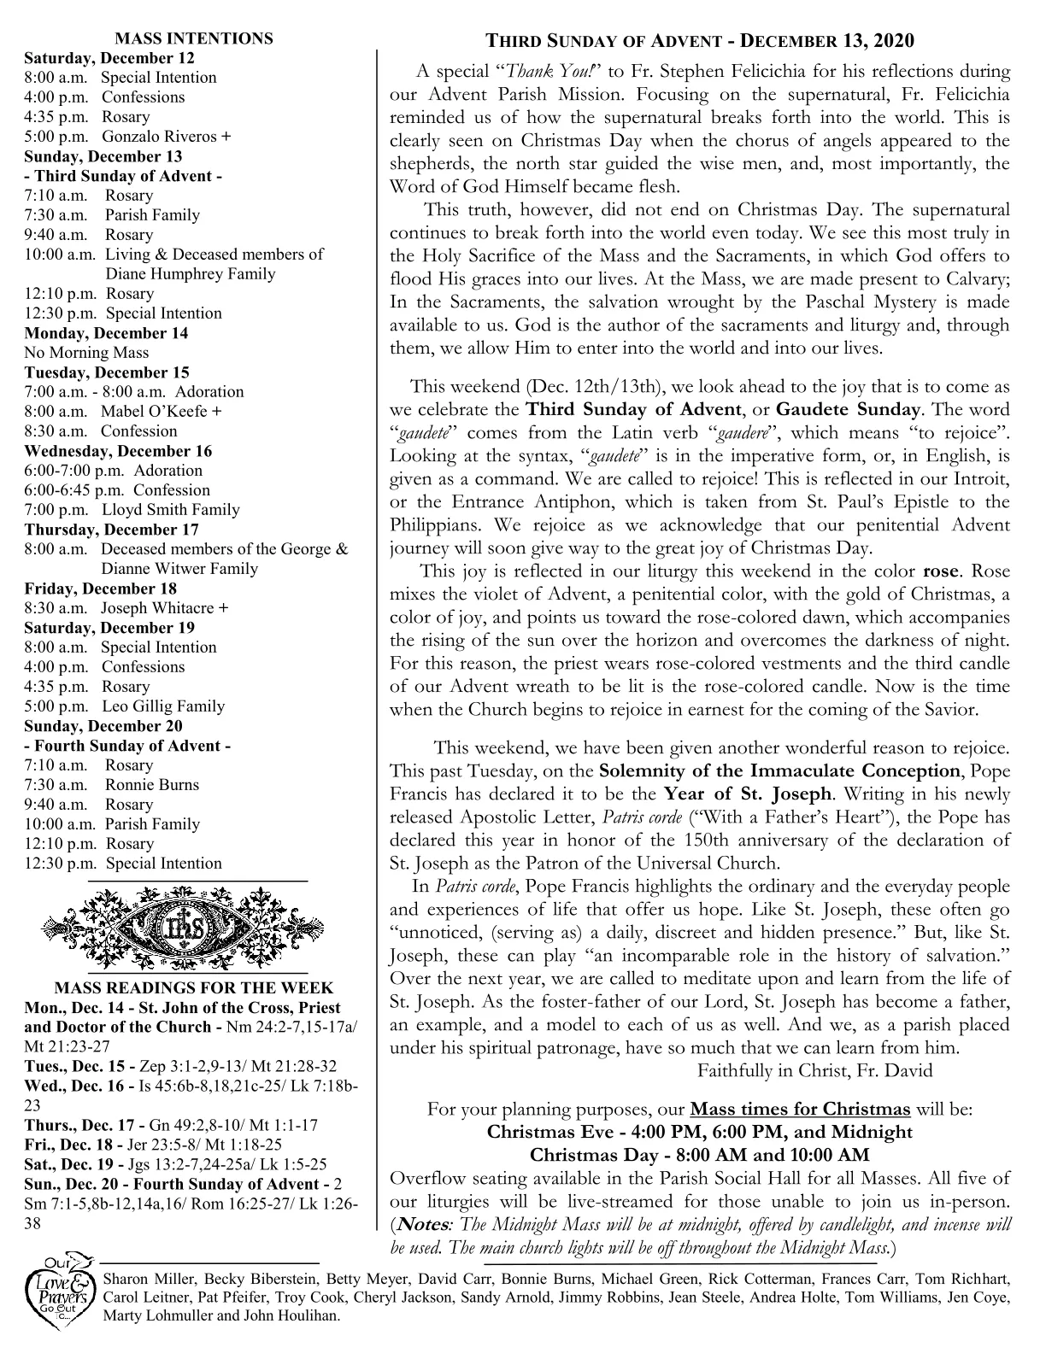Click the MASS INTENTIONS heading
click(194, 38)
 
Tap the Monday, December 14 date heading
click(106, 333)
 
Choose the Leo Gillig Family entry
click(163, 706)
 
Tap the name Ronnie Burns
click(152, 785)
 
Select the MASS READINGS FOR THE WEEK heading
click(194, 988)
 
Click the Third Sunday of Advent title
click(699, 41)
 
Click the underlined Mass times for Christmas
click(799, 1110)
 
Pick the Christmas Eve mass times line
click(699, 1133)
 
